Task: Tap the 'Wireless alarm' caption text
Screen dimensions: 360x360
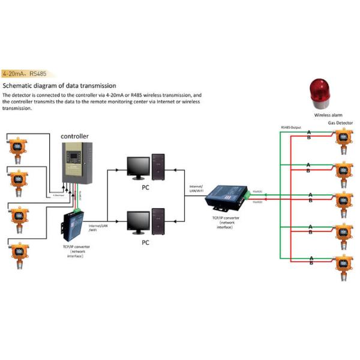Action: [328, 114]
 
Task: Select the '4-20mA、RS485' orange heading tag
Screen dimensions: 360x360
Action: [25, 74]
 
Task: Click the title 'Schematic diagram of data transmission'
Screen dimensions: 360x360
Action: [59, 86]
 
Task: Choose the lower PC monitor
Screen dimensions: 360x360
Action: [138, 221]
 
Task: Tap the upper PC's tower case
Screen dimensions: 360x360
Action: [159, 166]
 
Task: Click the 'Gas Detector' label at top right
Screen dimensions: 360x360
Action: [340, 123]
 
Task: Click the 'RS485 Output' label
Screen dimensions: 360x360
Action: [290, 127]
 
